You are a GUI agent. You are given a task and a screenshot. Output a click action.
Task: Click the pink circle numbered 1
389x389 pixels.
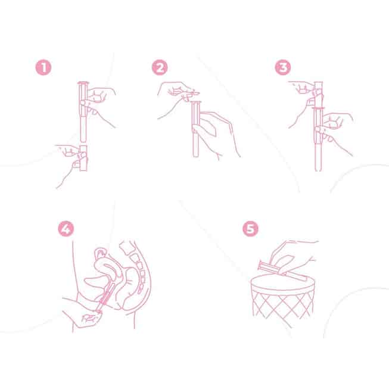coord(43,67)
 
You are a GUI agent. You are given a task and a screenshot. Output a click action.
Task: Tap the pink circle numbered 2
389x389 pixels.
coord(160,67)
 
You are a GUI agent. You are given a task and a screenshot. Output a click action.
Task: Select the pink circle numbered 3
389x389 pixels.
coord(283,67)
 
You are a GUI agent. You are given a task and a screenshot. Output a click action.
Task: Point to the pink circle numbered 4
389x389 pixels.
coord(66,229)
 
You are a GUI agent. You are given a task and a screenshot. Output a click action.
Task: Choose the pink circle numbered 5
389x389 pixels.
coord(250,229)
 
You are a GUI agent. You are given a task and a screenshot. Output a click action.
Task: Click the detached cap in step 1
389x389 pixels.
coord(83,158)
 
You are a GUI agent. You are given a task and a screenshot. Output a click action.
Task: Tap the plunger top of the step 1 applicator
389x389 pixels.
coord(82,83)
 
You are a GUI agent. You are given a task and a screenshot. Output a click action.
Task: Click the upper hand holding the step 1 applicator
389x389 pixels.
coord(99,104)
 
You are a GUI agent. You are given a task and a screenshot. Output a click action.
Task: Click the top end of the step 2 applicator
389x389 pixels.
coord(196,102)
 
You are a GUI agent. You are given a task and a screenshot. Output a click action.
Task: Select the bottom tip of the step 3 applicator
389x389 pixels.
coord(318,170)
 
